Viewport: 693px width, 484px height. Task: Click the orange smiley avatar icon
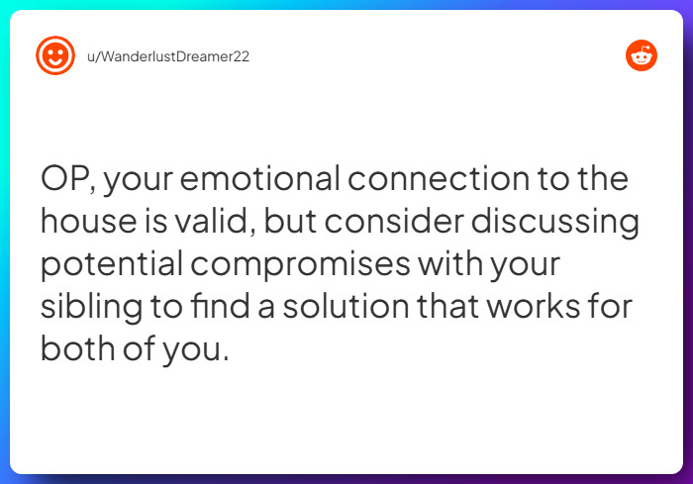55,56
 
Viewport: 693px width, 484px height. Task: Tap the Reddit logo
642,56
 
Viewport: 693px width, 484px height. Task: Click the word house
86,223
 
